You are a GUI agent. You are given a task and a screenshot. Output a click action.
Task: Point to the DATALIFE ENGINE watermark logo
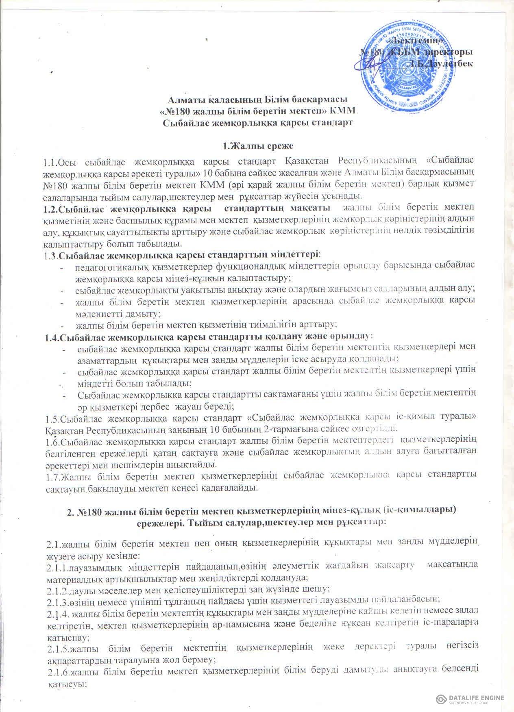tap(470, 698)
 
